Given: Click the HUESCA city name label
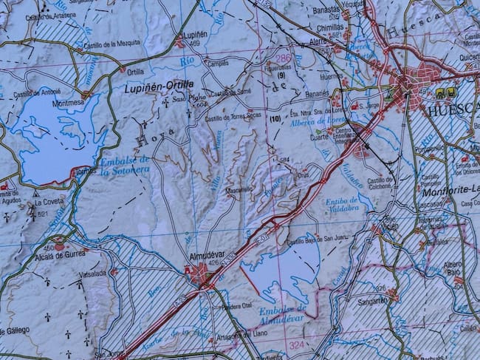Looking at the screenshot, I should point(453,108).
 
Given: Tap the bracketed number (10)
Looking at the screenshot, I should point(275,118).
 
